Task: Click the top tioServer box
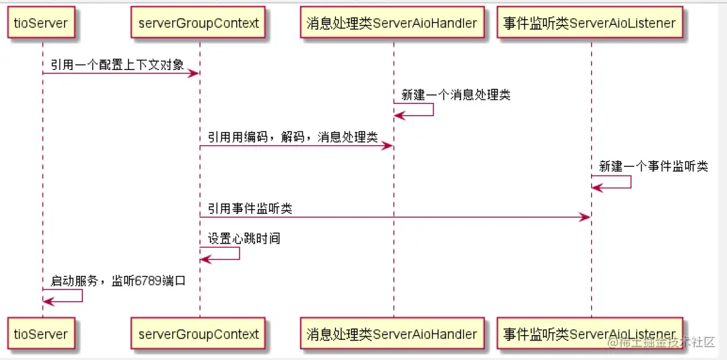(x=41, y=23)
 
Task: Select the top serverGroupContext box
(x=199, y=23)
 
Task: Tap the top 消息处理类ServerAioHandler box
(x=392, y=23)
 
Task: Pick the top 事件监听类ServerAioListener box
(x=589, y=23)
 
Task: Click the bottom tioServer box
(x=41, y=334)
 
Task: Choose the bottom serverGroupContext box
(x=199, y=334)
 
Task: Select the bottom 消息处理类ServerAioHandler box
(x=392, y=334)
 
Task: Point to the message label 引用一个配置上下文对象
(x=116, y=65)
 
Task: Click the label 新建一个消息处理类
(x=456, y=95)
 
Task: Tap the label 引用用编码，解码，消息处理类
(x=292, y=137)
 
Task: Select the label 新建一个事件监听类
(x=654, y=166)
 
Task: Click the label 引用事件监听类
(x=250, y=209)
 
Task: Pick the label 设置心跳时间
(x=244, y=238)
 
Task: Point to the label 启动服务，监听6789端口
(x=118, y=281)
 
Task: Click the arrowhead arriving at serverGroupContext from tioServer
(x=194, y=73)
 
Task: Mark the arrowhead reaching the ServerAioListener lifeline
(x=585, y=217)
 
